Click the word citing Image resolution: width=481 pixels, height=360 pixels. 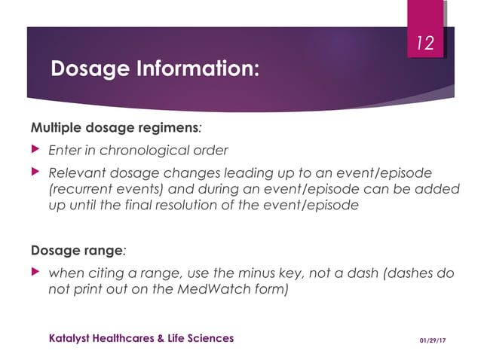click(104, 273)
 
